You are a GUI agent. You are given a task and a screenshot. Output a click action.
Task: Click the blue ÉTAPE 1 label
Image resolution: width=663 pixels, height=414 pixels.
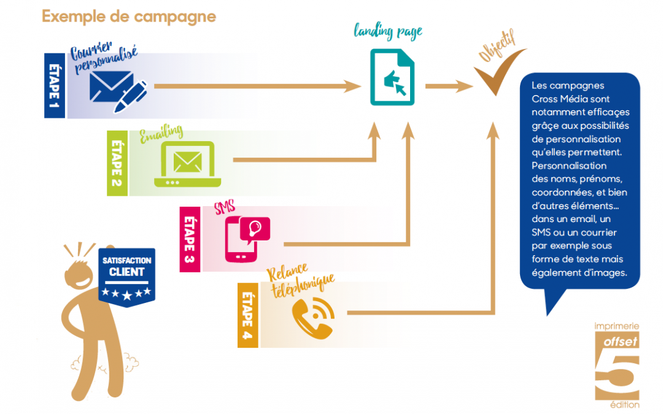[55, 85]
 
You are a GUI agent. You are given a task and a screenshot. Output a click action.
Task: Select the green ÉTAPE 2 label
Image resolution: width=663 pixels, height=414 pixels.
[117, 163]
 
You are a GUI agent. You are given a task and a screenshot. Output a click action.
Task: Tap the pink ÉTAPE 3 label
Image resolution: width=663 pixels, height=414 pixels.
[190, 239]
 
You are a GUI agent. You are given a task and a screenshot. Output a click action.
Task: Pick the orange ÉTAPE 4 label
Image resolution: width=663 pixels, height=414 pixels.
[248, 315]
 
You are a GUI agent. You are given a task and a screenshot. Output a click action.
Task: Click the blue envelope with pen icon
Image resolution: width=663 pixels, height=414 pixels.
[118, 91]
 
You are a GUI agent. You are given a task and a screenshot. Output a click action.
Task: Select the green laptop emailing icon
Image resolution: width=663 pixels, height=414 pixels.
[187, 164]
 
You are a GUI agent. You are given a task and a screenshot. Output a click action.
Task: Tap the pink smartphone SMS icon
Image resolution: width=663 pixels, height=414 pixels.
[247, 239]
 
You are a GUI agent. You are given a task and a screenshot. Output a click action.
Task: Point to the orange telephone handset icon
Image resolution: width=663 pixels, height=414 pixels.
[313, 318]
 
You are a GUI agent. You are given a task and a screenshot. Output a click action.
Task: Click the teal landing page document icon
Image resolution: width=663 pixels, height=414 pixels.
[392, 77]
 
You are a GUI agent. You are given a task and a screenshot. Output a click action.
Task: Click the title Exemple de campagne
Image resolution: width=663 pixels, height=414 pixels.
[129, 17]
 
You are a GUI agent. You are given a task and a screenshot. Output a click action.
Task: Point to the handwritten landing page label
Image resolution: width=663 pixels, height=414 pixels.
[388, 31]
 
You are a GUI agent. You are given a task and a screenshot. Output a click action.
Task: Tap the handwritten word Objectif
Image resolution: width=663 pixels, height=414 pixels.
[497, 45]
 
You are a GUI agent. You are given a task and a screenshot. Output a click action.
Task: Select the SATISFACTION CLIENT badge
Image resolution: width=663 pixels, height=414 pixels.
[127, 277]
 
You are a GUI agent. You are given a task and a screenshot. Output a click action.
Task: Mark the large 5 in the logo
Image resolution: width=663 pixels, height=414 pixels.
[617, 376]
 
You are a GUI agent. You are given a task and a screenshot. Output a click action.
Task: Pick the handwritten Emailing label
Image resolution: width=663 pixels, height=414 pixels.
[161, 134]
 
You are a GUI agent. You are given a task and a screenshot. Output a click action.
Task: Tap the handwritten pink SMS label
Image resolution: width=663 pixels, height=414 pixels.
[225, 207]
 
